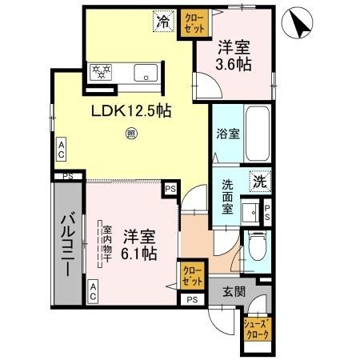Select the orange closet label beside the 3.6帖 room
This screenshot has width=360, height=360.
pyautogui.click(x=193, y=20)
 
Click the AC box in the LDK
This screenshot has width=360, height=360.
pyautogui.click(x=61, y=148)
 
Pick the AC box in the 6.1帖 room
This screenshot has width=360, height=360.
pyautogui.click(x=93, y=294)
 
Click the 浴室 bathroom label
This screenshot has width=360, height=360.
pyautogui.click(x=228, y=135)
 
